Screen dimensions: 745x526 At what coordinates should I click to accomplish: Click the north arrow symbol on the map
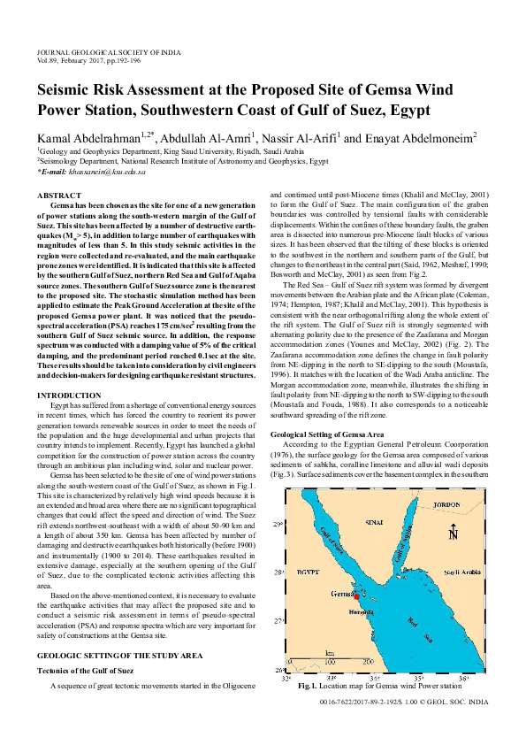coord(453,533)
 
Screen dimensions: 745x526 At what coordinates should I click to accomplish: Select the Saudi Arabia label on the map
coord(459,573)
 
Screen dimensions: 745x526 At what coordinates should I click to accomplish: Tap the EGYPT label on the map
coord(308,573)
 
